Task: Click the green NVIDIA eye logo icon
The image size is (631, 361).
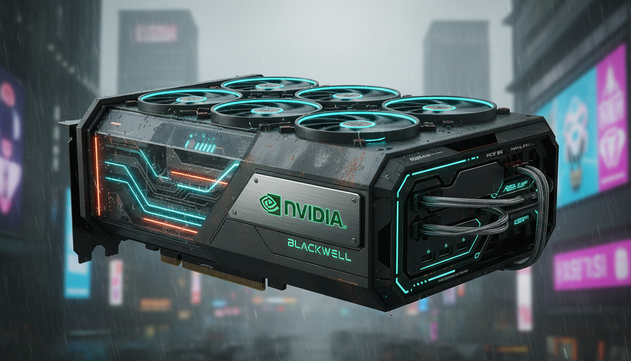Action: [x=270, y=205]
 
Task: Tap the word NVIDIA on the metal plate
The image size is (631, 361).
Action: [x=313, y=217]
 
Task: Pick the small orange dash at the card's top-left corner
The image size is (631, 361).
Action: [x=115, y=124]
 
